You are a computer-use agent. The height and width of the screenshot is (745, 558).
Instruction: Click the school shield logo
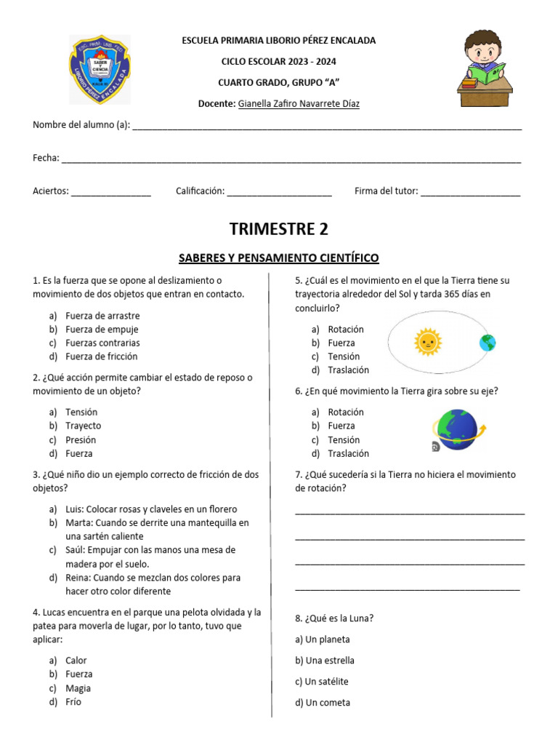point(100,70)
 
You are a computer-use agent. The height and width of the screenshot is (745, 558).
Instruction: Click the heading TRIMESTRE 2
point(279,229)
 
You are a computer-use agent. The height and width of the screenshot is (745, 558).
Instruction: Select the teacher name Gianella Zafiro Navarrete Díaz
point(299,104)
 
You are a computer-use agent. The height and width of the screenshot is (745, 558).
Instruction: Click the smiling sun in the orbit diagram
point(427,341)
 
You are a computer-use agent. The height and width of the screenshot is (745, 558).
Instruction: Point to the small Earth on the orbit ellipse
point(487,342)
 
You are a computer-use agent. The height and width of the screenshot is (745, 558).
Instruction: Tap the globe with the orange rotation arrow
point(456,430)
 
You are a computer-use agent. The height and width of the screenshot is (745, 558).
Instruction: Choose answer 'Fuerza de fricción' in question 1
point(101,356)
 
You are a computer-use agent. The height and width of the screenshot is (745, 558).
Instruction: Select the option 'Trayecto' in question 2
point(83,426)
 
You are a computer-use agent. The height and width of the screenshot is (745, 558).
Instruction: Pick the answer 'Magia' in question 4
point(78,688)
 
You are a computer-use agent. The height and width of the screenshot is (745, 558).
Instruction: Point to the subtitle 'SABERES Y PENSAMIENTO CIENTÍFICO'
point(279,258)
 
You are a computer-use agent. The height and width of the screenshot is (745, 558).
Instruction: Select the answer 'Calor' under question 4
point(76,661)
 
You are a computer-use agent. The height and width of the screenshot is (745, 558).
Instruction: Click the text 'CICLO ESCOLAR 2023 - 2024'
point(279,62)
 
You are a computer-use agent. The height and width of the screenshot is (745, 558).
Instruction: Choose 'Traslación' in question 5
point(348,370)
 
